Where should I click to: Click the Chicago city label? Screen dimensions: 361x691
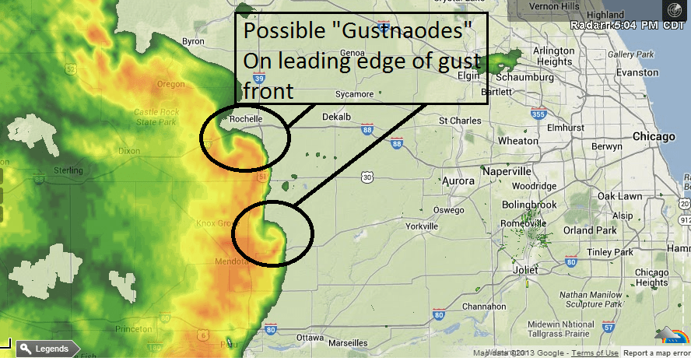pyautogui.click(x=653, y=137)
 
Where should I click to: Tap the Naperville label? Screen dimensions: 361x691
pyautogui.click(x=506, y=170)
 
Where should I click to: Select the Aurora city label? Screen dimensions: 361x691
pyautogui.click(x=458, y=181)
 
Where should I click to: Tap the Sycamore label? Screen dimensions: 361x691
pyautogui.click(x=353, y=95)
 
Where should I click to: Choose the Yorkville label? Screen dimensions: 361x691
pyautogui.click(x=423, y=226)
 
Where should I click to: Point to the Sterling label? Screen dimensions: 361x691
pyautogui.click(x=69, y=170)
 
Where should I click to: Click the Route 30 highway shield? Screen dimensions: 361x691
pyautogui.click(x=367, y=178)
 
